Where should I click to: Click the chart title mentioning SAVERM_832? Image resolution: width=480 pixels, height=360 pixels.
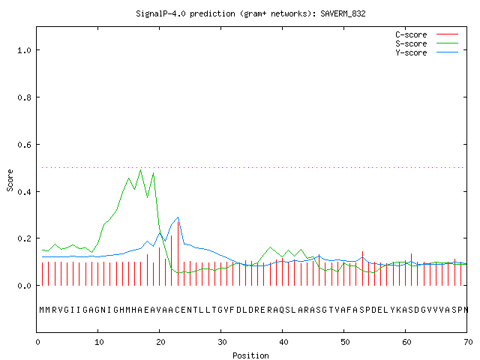coord(250,13)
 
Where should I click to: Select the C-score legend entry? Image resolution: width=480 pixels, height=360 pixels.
coord(427,34)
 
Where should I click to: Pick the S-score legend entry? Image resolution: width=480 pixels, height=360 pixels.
coord(427,43)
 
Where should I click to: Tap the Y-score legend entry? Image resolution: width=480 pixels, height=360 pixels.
coord(427,52)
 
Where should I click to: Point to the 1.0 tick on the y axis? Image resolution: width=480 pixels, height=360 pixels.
coord(25,50)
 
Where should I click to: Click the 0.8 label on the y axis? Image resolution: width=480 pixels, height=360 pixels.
coord(25,97)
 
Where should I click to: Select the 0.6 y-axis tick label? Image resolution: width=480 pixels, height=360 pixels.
coord(25,145)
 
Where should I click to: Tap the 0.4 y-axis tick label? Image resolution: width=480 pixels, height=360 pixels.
coord(25,192)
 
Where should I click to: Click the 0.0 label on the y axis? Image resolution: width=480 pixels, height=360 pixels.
coord(25,286)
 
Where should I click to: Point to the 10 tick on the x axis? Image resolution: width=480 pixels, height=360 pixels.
coord(99,342)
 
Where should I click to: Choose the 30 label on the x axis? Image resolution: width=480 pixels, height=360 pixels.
coord(222,342)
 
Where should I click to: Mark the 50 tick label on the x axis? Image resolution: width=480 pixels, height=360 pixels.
coord(345,342)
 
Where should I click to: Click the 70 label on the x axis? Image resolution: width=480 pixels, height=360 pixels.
coord(468,342)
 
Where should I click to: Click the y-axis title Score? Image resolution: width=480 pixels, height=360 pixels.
coord(10,180)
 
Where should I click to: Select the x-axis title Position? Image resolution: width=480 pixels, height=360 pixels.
coord(250,355)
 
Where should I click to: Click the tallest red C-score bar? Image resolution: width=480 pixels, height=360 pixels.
coord(178,253)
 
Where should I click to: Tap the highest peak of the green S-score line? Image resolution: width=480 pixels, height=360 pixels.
coord(141,169)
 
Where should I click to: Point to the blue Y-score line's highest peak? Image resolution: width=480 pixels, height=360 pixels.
coord(178,217)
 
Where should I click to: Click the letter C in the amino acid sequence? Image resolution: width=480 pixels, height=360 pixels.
coord(178,310)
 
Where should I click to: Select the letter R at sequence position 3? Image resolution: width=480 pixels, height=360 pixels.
coord(55,310)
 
